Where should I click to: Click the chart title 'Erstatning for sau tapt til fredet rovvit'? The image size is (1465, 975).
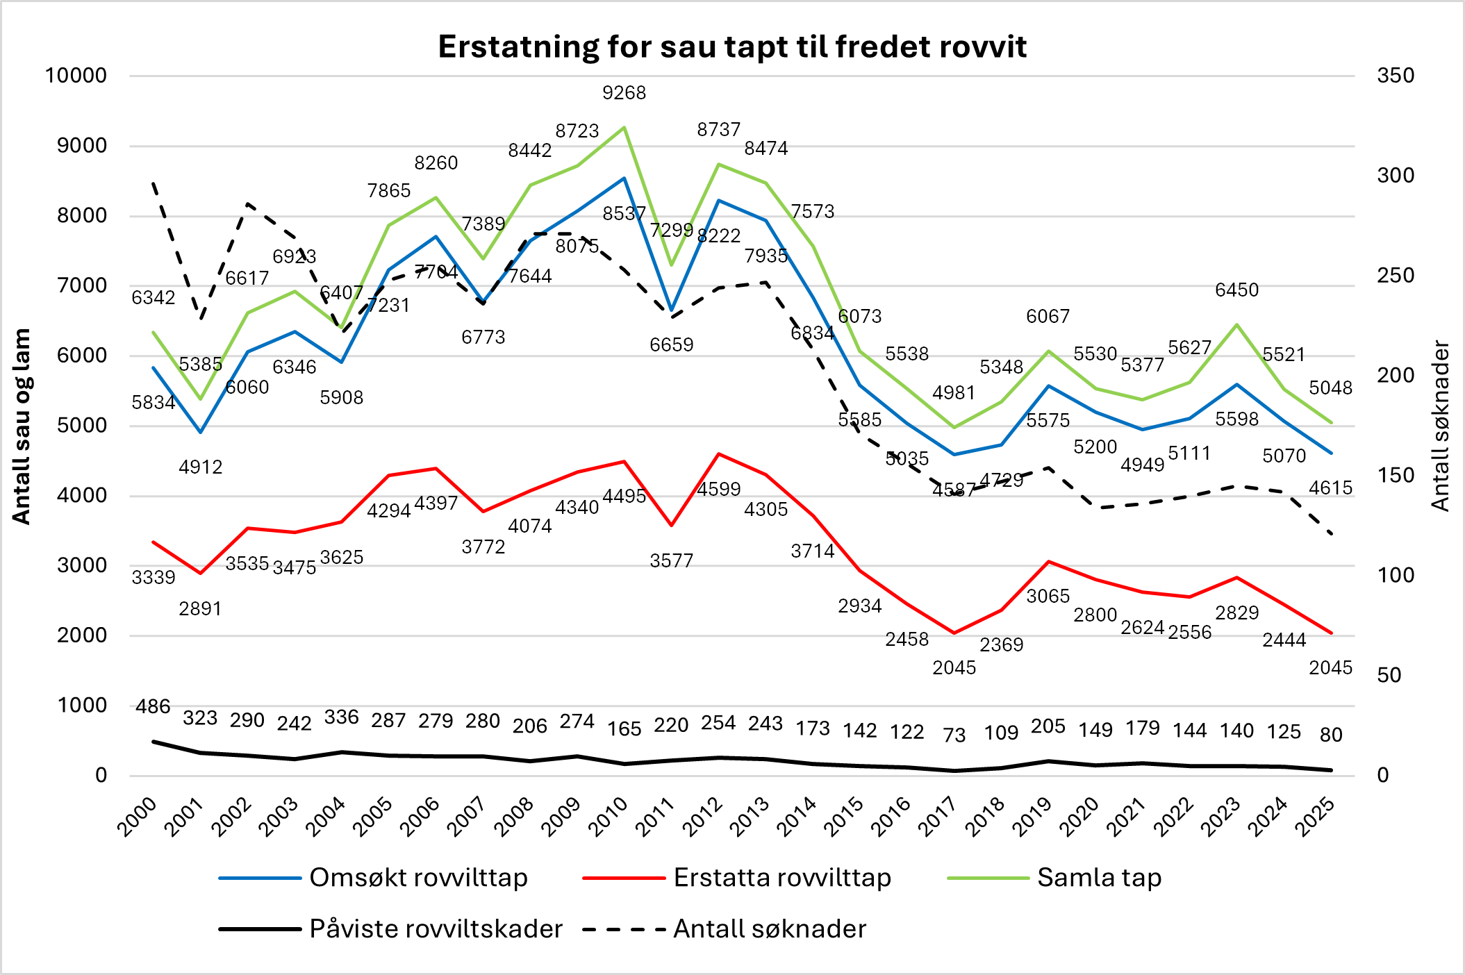click(x=732, y=47)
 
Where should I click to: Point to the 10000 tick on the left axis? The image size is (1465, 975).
click(x=76, y=76)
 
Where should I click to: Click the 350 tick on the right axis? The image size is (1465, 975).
click(x=1395, y=76)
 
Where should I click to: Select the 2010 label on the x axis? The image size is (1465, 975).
click(x=609, y=817)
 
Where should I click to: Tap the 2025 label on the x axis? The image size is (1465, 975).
click(x=1316, y=817)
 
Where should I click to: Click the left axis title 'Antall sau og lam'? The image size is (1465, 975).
click(x=22, y=426)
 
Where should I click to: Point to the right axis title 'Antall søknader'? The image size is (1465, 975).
click(x=1441, y=426)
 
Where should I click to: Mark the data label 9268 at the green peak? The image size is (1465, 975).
click(x=624, y=93)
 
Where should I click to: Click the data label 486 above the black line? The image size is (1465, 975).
click(x=153, y=707)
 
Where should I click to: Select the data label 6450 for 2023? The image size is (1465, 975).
click(x=1236, y=290)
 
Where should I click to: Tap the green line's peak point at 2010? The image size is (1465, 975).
click(x=624, y=127)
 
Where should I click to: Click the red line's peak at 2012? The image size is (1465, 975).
click(x=718, y=454)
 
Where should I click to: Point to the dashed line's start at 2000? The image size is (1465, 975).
click(x=154, y=183)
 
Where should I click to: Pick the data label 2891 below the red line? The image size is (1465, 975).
click(x=200, y=609)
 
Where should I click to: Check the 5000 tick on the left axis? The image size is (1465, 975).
click(x=82, y=426)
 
